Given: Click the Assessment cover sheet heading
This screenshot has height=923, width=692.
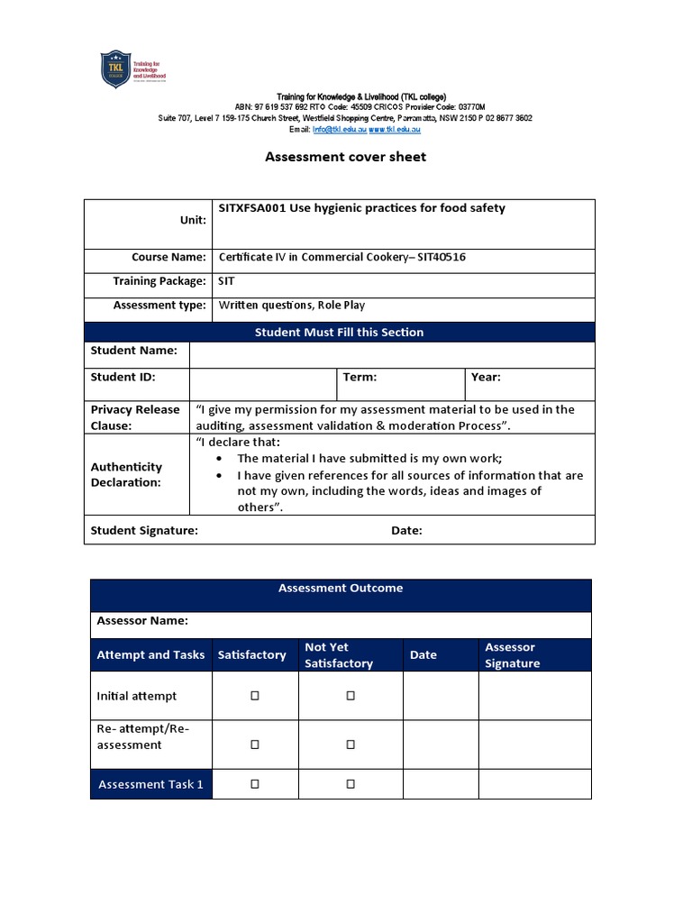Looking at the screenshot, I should pos(345,157).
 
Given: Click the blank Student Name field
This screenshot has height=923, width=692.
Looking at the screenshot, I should pos(392,354).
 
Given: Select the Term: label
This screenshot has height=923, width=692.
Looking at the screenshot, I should pos(360,378).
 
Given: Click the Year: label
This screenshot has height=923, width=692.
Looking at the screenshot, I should pos(486,378).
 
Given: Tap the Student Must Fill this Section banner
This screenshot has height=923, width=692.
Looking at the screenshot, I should pos(339,332).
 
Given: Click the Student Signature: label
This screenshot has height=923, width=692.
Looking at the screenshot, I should pos(144,531).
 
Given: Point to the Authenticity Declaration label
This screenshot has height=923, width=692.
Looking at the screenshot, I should pos(126,474).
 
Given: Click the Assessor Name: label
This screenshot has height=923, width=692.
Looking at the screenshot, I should pos(142,620).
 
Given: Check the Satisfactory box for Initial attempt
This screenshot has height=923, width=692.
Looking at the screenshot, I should pos(255,696).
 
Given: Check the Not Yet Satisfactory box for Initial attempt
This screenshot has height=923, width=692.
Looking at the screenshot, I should pos(351,696).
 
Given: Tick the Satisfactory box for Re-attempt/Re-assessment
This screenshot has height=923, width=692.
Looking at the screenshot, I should pos(255,745).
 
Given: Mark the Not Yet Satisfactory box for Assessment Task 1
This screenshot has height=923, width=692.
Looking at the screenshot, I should pos(351,784).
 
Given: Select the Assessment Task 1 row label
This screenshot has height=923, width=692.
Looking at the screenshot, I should pos(150,784).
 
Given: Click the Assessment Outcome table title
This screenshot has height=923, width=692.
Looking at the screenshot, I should pos(341,588).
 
